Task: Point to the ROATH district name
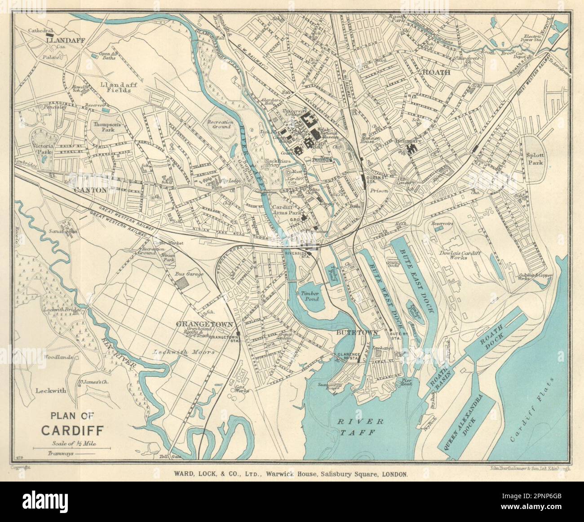(434, 72)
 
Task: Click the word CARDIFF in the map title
(72, 430)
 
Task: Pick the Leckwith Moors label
(183, 353)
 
